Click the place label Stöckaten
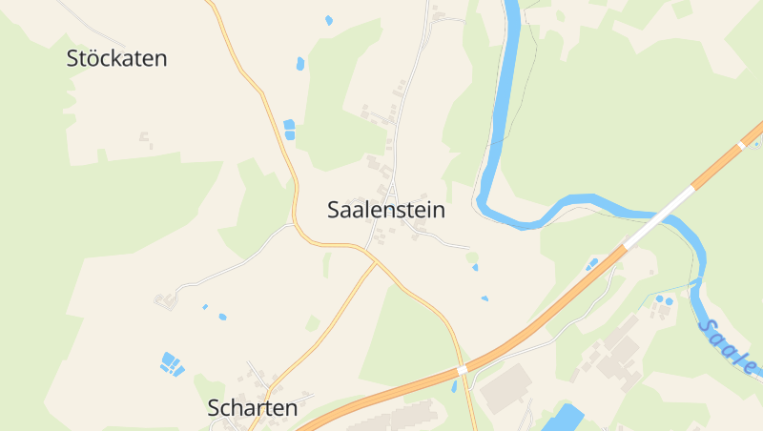pyautogui.click(x=116, y=58)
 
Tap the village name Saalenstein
pyautogui.click(x=386, y=210)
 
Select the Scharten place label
pyautogui.click(x=253, y=408)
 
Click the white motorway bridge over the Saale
pyautogui.click(x=659, y=217)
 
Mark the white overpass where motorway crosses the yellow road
pyautogui.click(x=463, y=369)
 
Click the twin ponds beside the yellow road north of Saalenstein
pyautogui.click(x=289, y=129)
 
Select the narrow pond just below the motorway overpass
pyautogui.click(x=454, y=386)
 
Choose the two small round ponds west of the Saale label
pyautogui.click(x=664, y=300)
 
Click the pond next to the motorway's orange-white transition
pyautogui.click(x=592, y=262)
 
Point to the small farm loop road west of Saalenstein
pyautogui.click(x=167, y=299)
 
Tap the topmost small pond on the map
pyautogui.click(x=329, y=20)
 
